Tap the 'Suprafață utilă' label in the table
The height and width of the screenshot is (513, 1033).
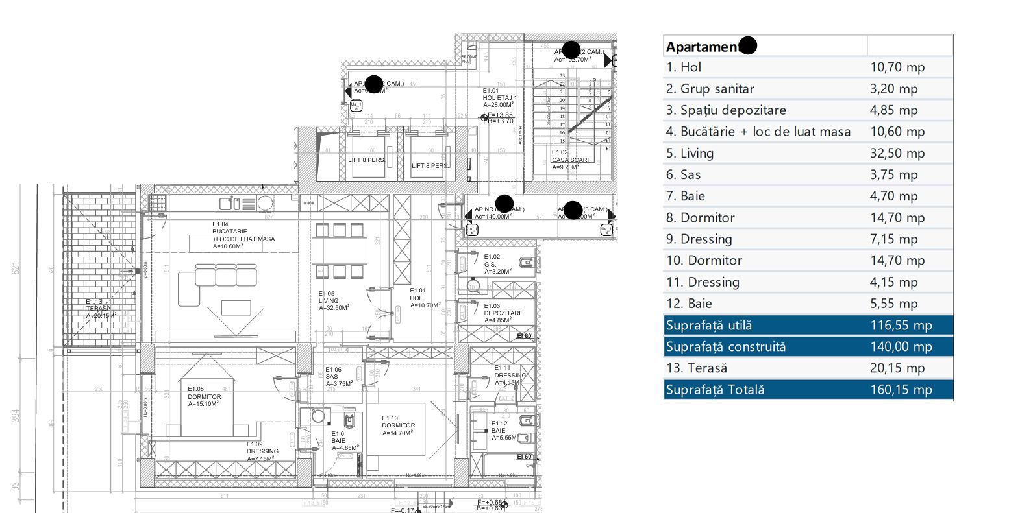pos(708,326)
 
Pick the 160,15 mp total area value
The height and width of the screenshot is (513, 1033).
pos(901,390)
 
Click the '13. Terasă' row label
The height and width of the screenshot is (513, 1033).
pos(696,368)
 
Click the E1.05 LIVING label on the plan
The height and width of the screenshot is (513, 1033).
pos(333,301)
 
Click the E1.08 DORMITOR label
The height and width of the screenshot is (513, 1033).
pos(204,396)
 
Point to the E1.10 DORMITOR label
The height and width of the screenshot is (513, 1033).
pos(398,425)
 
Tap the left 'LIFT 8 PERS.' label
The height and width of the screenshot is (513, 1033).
pos(366,160)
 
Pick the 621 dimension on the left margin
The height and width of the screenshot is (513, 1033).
pos(16,267)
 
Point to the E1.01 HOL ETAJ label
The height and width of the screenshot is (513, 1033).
pos(498,97)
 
